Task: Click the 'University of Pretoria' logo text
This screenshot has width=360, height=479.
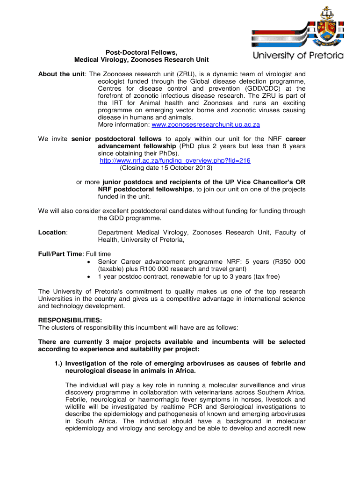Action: click(x=298, y=56)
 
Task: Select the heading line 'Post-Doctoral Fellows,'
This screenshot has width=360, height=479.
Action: click(x=141, y=52)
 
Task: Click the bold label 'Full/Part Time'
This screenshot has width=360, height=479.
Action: click(x=60, y=254)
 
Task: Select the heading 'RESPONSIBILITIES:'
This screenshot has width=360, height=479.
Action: click(x=70, y=320)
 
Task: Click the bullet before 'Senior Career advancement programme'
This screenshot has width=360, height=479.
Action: click(x=90, y=261)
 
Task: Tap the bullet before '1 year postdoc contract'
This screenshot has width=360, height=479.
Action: click(x=90, y=276)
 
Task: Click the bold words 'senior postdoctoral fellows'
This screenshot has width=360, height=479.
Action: click(x=116, y=139)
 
